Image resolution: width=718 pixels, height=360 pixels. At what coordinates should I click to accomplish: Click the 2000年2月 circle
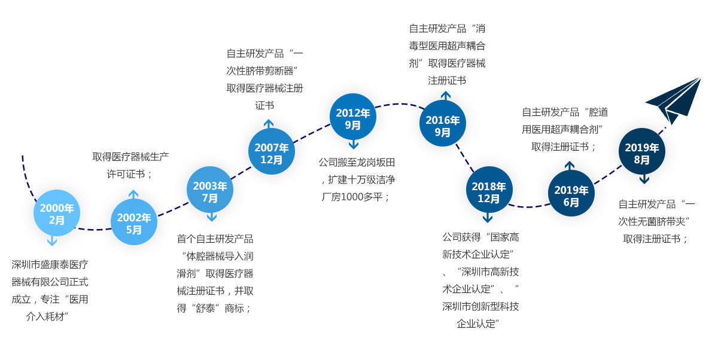[x=57, y=213]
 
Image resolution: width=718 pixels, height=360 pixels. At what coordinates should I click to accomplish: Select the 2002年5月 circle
[x=134, y=222]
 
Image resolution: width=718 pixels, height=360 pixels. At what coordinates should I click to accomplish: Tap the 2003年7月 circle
[x=210, y=190]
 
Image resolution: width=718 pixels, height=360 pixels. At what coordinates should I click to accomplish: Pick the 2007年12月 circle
[x=272, y=152]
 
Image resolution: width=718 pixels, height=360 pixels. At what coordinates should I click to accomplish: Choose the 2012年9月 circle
[x=353, y=117]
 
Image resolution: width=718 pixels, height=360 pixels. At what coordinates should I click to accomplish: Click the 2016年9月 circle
[x=443, y=124]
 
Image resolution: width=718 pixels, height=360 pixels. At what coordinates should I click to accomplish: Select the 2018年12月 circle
[x=489, y=190]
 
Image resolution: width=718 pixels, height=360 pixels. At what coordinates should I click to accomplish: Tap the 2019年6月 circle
[x=571, y=194]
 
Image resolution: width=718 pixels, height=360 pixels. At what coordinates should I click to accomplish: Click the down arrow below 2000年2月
[x=53, y=240]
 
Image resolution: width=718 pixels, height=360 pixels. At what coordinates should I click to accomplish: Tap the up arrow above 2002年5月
[x=133, y=194]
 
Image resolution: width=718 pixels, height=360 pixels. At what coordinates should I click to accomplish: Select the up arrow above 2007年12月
[x=269, y=124]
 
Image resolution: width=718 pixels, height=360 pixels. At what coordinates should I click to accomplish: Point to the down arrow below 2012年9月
[x=354, y=144]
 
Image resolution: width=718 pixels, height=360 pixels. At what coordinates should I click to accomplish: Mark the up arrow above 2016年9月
[x=446, y=96]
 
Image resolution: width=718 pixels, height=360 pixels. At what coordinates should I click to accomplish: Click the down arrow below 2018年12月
[x=488, y=218]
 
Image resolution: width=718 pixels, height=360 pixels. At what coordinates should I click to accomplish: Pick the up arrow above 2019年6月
[x=570, y=166]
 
